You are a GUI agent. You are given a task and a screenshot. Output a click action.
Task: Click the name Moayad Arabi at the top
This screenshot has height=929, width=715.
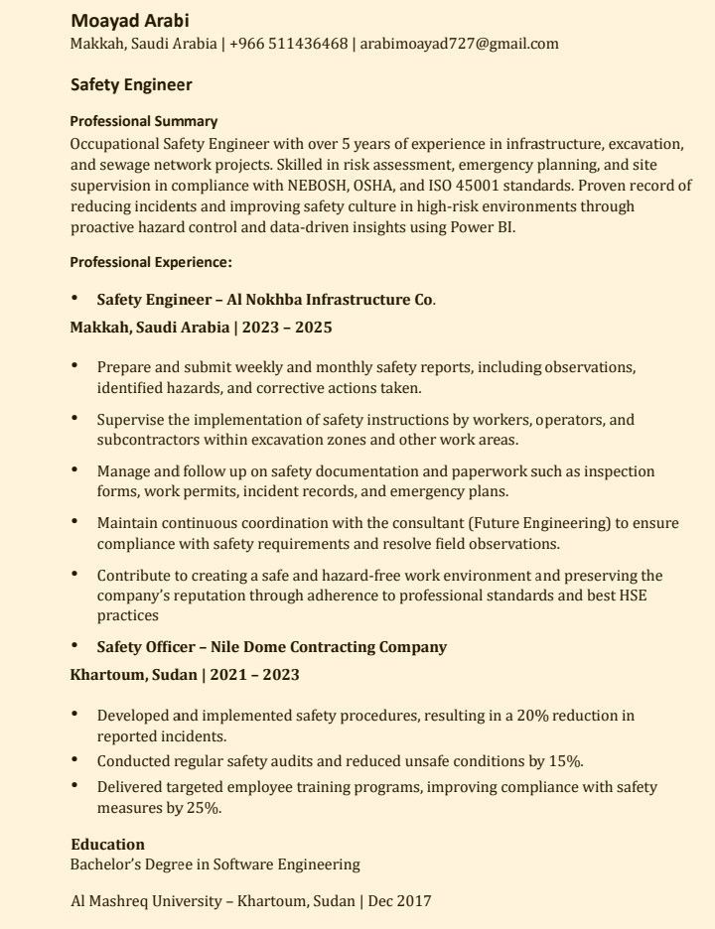pos(130,21)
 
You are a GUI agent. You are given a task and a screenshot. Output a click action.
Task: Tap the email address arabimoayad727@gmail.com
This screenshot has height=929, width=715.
pos(459,44)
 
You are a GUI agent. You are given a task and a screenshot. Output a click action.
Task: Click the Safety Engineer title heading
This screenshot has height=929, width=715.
pos(131,85)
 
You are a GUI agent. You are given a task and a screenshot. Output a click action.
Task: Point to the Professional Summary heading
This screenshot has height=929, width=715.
pos(143,121)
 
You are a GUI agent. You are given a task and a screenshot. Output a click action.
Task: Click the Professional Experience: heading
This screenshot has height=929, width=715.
pos(151,262)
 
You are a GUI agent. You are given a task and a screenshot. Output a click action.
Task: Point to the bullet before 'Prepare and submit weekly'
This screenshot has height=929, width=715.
pos(74,366)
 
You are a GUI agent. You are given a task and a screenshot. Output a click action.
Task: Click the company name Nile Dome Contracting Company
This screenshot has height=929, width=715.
pos(329,647)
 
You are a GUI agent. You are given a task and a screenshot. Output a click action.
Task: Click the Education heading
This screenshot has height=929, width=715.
pos(107,845)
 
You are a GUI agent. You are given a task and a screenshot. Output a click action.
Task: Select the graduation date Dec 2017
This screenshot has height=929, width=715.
pos(400,901)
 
